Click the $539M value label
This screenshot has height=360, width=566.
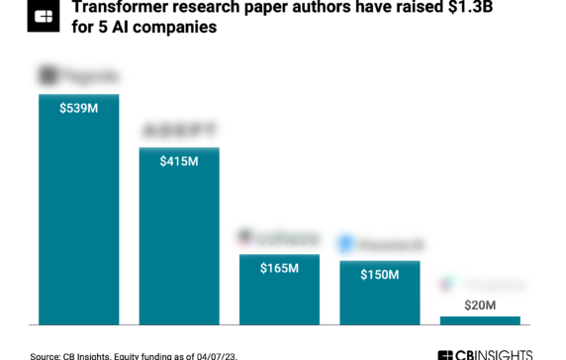point(78,107)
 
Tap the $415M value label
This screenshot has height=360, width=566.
point(179,160)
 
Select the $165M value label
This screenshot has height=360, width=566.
point(280,268)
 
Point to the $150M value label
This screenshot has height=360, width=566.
point(380,274)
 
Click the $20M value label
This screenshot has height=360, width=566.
point(480,306)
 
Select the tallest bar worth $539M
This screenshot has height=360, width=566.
point(78,218)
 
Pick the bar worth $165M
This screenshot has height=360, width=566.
point(280,297)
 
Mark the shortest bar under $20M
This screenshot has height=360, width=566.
point(480,320)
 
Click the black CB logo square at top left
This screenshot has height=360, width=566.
point(43,16)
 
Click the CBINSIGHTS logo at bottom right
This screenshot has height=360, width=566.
point(485,354)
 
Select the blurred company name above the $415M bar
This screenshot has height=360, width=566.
point(179,131)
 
